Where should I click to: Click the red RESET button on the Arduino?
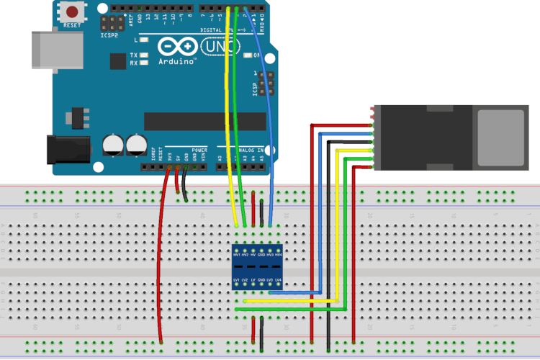[x=73, y=12]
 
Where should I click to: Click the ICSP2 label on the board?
[x=109, y=35]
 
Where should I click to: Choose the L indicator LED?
[x=145, y=40]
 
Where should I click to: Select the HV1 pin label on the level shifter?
[x=237, y=254]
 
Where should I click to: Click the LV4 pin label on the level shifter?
[x=278, y=280]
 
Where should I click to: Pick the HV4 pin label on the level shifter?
[x=278, y=254]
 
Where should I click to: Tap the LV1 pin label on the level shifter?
[x=237, y=280]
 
